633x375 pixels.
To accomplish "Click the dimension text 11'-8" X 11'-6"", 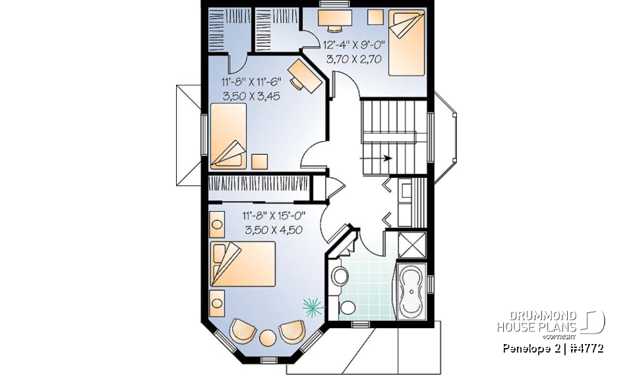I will click(x=251, y=82).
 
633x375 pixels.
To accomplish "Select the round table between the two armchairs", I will click(x=267, y=337).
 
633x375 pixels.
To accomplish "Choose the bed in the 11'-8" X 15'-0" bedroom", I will click(x=242, y=264).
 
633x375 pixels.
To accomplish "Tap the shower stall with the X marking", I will click(x=413, y=244).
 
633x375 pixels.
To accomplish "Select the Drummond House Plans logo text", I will click(x=537, y=322).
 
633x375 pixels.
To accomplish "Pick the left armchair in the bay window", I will click(x=243, y=330).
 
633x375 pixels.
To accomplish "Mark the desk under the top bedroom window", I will click(x=335, y=19).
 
